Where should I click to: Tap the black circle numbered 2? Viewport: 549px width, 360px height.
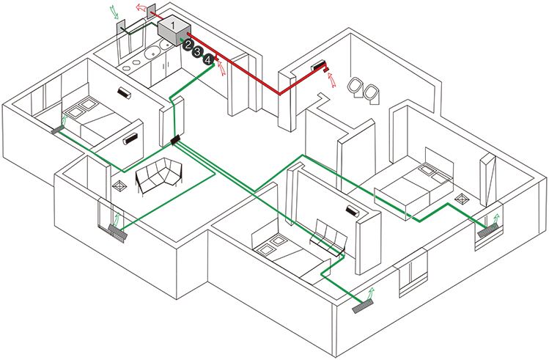coord(188,45)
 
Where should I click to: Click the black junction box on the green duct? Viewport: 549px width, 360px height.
coord(174,139)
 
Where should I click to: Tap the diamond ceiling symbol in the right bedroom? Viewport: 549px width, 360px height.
coord(462,199)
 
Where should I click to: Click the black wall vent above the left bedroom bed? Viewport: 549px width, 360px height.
coord(122,93)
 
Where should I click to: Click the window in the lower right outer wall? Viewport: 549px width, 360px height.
coord(412,274)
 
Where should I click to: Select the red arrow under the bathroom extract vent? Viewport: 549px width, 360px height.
coord(328,77)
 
